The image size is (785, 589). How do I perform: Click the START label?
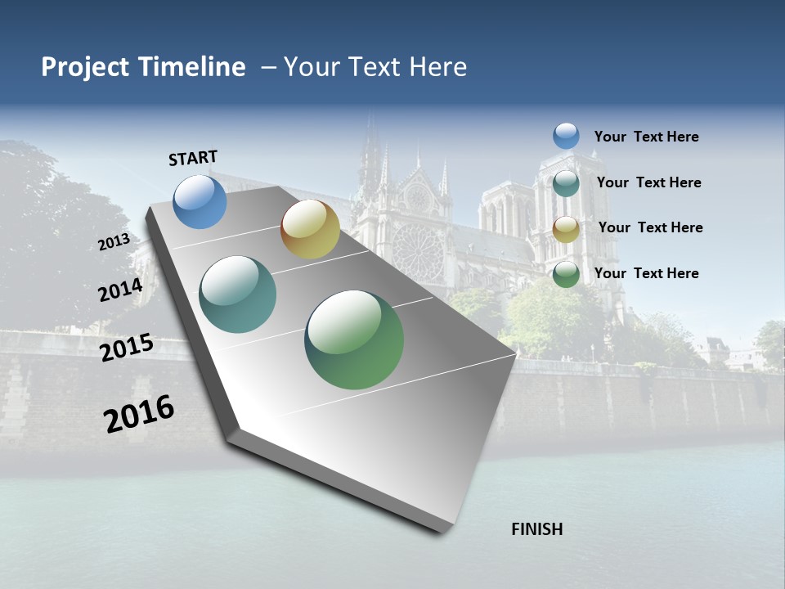tap(193, 158)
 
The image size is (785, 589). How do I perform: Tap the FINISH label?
tap(537, 529)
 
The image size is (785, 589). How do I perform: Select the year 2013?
tap(114, 242)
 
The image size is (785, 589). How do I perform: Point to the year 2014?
tap(120, 290)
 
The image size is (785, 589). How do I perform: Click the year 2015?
tap(127, 348)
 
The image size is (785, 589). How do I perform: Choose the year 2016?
tap(139, 413)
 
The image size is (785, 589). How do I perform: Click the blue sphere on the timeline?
tap(200, 201)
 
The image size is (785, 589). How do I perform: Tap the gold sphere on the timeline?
tap(310, 229)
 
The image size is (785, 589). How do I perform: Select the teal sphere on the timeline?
tap(238, 294)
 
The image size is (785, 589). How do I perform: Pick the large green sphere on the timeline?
tap(354, 339)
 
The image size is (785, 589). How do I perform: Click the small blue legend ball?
tap(566, 136)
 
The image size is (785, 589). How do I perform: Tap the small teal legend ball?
tap(566, 183)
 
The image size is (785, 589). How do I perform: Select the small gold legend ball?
tap(566, 229)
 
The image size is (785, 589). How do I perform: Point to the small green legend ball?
tap(566, 275)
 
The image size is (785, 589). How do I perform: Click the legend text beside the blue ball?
tap(646, 137)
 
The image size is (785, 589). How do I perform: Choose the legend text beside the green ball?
tap(646, 273)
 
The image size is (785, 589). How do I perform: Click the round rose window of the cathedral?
tap(418, 250)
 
